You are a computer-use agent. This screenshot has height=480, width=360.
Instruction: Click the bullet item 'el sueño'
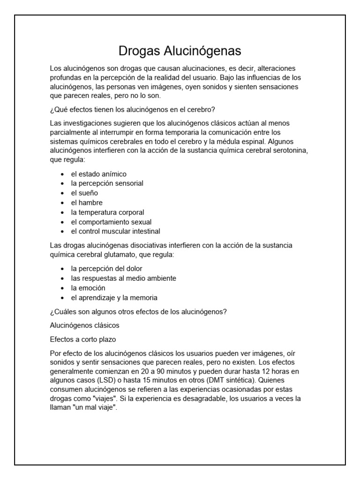[x=84, y=193]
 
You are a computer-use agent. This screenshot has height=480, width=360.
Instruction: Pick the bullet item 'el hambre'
[x=86, y=202]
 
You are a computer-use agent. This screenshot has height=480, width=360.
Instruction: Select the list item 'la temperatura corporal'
[x=107, y=212]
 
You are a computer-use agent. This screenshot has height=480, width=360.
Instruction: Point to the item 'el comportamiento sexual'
[x=111, y=222]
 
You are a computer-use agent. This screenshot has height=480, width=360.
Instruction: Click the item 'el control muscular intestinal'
[x=115, y=231]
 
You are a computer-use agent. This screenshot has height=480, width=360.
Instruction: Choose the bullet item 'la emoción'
[x=88, y=288]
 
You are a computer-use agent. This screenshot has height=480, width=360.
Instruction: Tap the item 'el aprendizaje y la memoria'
[x=114, y=298]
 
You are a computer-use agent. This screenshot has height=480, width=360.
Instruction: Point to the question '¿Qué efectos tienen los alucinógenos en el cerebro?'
[x=132, y=110]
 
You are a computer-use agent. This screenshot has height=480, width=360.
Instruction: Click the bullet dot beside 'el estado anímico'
[x=63, y=174]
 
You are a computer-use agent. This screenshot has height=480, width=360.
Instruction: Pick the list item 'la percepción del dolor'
[x=106, y=269]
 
